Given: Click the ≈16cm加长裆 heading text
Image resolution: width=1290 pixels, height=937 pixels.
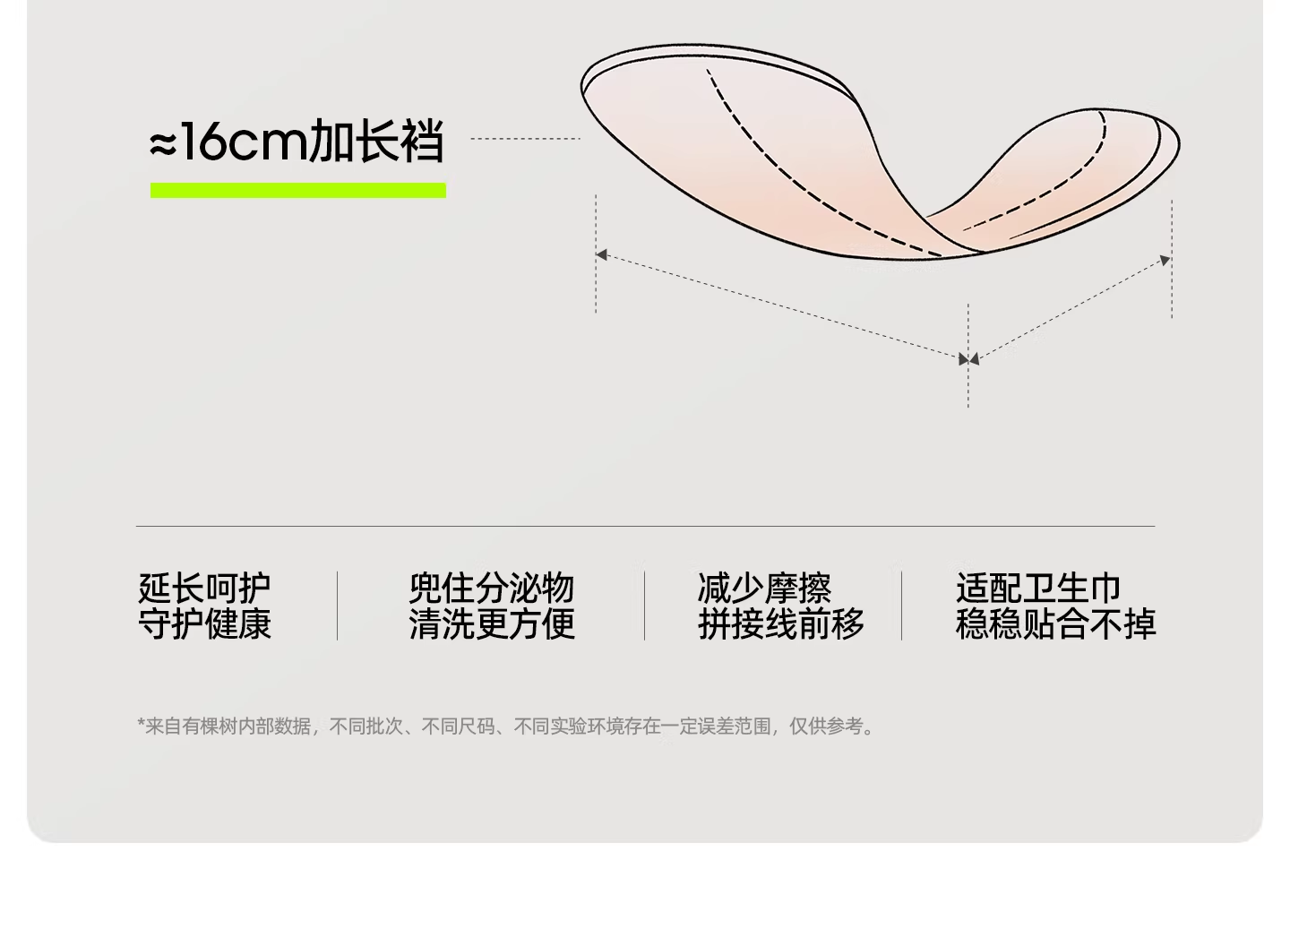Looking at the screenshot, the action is coord(297,142).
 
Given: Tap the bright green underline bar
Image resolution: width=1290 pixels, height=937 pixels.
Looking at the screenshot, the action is coord(297,190).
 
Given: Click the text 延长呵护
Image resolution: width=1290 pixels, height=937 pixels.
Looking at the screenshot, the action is coord(204,589).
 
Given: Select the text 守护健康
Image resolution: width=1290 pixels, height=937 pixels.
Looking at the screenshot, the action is coord(204,623).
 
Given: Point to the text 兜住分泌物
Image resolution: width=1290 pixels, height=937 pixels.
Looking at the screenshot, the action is coord(491,589).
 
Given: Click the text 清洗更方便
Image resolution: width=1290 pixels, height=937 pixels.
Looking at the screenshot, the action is coord(491,623).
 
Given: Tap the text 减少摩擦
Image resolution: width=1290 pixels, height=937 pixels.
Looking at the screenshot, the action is coord(764,589).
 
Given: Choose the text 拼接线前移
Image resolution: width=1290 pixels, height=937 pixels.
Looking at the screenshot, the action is coord(780,623).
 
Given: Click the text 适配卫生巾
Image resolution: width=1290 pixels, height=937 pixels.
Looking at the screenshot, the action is coord(1038,589).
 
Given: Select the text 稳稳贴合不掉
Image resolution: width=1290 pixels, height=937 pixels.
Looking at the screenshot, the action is coord(1055,623).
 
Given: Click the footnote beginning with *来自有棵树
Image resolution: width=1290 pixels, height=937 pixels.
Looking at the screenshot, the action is coord(507,726).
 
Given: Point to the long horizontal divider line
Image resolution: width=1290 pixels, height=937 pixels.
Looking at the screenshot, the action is coord(645,526).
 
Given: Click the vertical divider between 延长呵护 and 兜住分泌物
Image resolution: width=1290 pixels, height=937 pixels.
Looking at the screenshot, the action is coord(337,606).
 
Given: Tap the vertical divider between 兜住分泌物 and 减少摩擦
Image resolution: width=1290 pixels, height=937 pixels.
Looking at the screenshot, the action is coord(644,606).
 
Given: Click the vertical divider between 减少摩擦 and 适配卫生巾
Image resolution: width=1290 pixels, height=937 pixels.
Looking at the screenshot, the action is coord(901,606).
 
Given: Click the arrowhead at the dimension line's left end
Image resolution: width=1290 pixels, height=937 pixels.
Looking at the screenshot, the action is coord(602,255).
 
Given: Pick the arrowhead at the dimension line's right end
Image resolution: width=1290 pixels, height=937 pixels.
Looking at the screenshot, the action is coord(1165,260).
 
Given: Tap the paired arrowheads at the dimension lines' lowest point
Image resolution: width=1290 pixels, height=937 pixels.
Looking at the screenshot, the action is coord(968,359).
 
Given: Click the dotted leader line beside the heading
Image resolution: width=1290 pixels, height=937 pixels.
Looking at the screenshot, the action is coord(525,139).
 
